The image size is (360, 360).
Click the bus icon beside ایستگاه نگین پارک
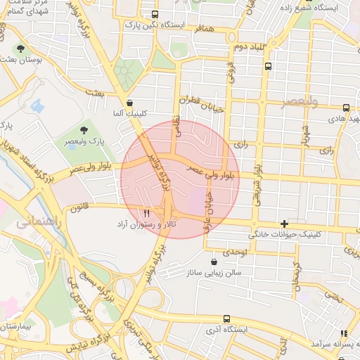(x=155, y=14)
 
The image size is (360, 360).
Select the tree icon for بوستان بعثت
(x=20, y=49)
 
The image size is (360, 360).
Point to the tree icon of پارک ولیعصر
(x=84, y=130)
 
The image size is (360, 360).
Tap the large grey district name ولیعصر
(x=298, y=103)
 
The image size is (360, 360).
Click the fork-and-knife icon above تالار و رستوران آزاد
(x=146, y=213)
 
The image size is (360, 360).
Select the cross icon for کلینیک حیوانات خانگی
(x=284, y=224)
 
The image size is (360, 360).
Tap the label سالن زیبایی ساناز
(x=214, y=271)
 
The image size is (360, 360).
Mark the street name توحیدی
(x=234, y=251)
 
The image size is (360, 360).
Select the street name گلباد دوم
(x=248, y=46)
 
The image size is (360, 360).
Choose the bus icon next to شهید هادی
(x=346, y=108)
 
